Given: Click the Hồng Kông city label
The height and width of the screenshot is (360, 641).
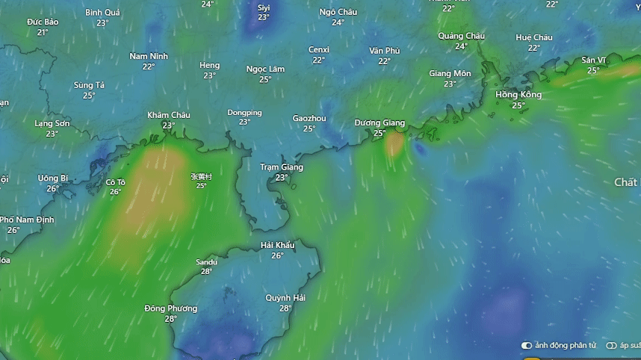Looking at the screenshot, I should click(x=518, y=95).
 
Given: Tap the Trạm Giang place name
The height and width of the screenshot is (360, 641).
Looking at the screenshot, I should click(x=281, y=167).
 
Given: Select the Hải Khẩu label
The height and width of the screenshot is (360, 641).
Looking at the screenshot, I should click(x=277, y=245).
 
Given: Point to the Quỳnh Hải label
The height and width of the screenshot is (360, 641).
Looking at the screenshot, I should click(x=285, y=297).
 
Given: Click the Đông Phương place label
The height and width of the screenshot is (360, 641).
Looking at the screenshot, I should click(x=170, y=308).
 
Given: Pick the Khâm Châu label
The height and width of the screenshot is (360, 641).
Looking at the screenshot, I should click(x=168, y=115).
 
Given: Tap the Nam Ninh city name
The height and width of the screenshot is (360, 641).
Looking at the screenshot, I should click(x=149, y=56).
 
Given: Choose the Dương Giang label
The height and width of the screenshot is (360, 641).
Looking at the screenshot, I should click(x=380, y=122).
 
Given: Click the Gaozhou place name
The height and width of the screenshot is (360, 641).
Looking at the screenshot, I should click(x=309, y=118).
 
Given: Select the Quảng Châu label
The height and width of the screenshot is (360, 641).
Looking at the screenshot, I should click(x=461, y=36).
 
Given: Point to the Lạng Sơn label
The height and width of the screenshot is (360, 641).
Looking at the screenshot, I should click(x=52, y=123).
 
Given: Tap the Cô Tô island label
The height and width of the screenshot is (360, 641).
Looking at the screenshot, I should click(x=115, y=181).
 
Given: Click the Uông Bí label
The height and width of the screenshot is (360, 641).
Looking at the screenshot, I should click(x=53, y=179).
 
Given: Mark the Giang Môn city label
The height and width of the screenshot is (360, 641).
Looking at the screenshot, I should click(x=450, y=73).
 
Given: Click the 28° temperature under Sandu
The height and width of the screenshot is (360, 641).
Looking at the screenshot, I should click(x=206, y=272).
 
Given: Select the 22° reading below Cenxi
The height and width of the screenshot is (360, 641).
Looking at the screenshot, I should click(x=319, y=60).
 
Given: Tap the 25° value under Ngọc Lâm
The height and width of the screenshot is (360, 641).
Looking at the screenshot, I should click(x=265, y=80).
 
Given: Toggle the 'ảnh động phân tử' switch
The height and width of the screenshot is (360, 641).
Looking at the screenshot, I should click(x=527, y=346).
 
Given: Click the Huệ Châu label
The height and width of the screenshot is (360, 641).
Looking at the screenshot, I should click(x=533, y=37).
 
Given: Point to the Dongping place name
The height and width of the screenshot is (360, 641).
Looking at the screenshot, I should click(x=244, y=113).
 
